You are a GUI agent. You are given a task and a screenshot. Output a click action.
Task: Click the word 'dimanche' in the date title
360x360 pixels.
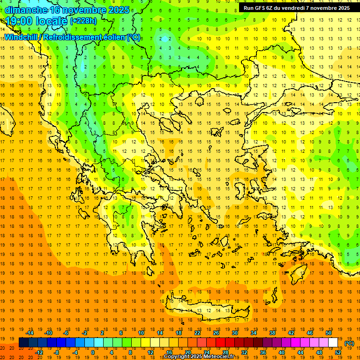(26, 10)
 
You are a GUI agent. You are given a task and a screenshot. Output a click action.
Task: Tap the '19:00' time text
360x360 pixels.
(18, 21)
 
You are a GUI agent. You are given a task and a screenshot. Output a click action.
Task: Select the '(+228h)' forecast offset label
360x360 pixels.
(83, 21)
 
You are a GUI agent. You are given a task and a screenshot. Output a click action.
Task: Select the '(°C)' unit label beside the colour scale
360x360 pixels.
(349, 343)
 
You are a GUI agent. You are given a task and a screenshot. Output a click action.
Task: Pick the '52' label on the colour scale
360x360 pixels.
(338, 352)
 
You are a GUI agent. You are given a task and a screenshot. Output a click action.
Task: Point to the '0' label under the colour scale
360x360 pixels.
(92, 352)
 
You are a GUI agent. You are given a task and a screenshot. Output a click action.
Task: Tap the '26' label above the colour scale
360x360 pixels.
(216, 333)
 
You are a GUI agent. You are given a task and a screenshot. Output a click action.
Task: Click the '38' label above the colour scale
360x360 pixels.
(272, 333)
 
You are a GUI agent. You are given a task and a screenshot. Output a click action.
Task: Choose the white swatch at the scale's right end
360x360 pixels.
(333, 343)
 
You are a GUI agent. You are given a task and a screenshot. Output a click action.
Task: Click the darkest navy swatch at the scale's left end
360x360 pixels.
(23, 343)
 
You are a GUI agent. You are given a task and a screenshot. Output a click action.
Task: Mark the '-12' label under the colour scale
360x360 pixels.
(39, 352)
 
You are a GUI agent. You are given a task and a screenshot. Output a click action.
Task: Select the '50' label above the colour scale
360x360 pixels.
(328, 333)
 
